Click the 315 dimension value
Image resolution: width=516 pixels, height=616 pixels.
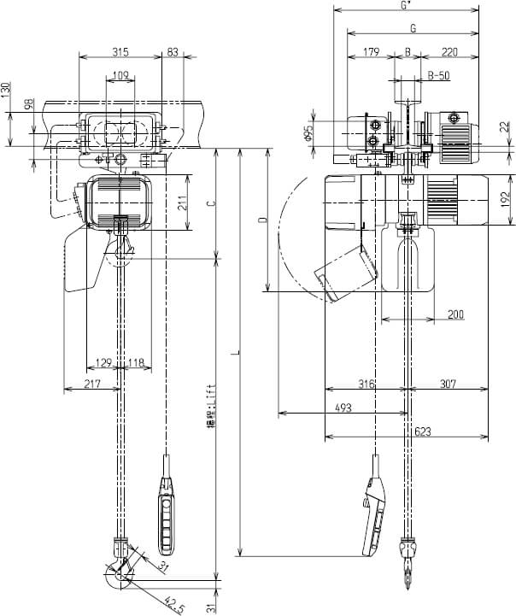(120, 52)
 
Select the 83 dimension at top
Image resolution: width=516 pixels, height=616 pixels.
(173, 52)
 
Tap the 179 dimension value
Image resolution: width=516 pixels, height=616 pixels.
(370, 52)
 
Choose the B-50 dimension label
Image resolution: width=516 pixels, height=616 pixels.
(438, 75)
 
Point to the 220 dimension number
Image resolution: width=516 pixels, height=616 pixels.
(450, 52)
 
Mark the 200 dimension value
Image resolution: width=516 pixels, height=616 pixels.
(455, 315)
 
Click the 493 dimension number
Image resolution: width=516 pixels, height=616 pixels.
(343, 408)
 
